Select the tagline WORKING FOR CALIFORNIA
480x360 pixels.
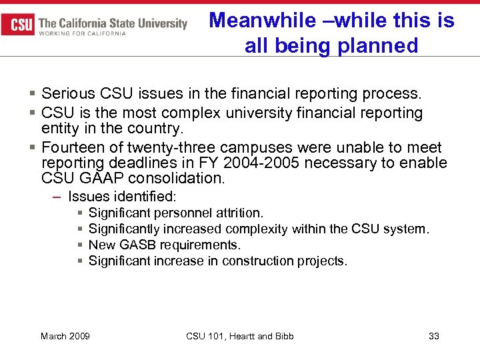pos(83,34)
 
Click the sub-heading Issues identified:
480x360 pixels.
pos(122,196)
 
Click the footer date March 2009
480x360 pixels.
pos(65,336)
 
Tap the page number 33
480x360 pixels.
pos(434,336)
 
